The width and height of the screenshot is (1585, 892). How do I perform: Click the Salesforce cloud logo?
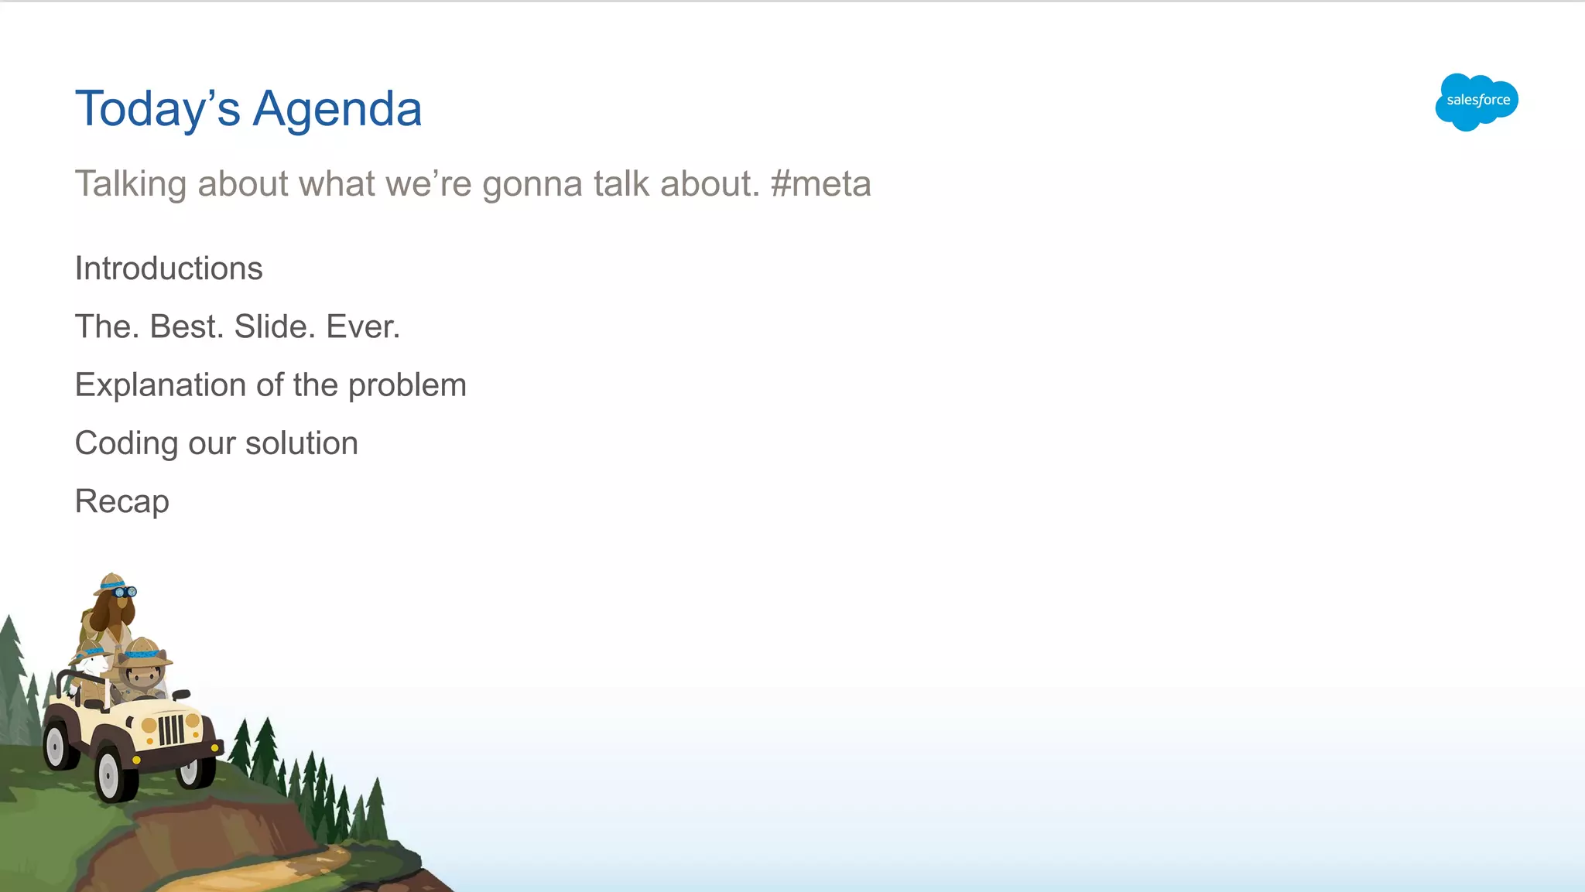1477,101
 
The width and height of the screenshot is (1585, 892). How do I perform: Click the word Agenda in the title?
337,108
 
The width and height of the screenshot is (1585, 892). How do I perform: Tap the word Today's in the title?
158,108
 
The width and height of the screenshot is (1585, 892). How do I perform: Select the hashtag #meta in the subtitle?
821,184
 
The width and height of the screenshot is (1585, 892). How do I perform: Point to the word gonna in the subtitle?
532,185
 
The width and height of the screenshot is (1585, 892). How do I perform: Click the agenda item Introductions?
169,268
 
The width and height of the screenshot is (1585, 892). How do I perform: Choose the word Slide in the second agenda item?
272,326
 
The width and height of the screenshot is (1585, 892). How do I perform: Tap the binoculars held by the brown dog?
125,592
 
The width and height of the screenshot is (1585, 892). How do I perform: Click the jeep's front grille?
171,730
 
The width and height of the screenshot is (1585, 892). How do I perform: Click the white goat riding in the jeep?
94,664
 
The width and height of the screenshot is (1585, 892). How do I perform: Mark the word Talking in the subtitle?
131,184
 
